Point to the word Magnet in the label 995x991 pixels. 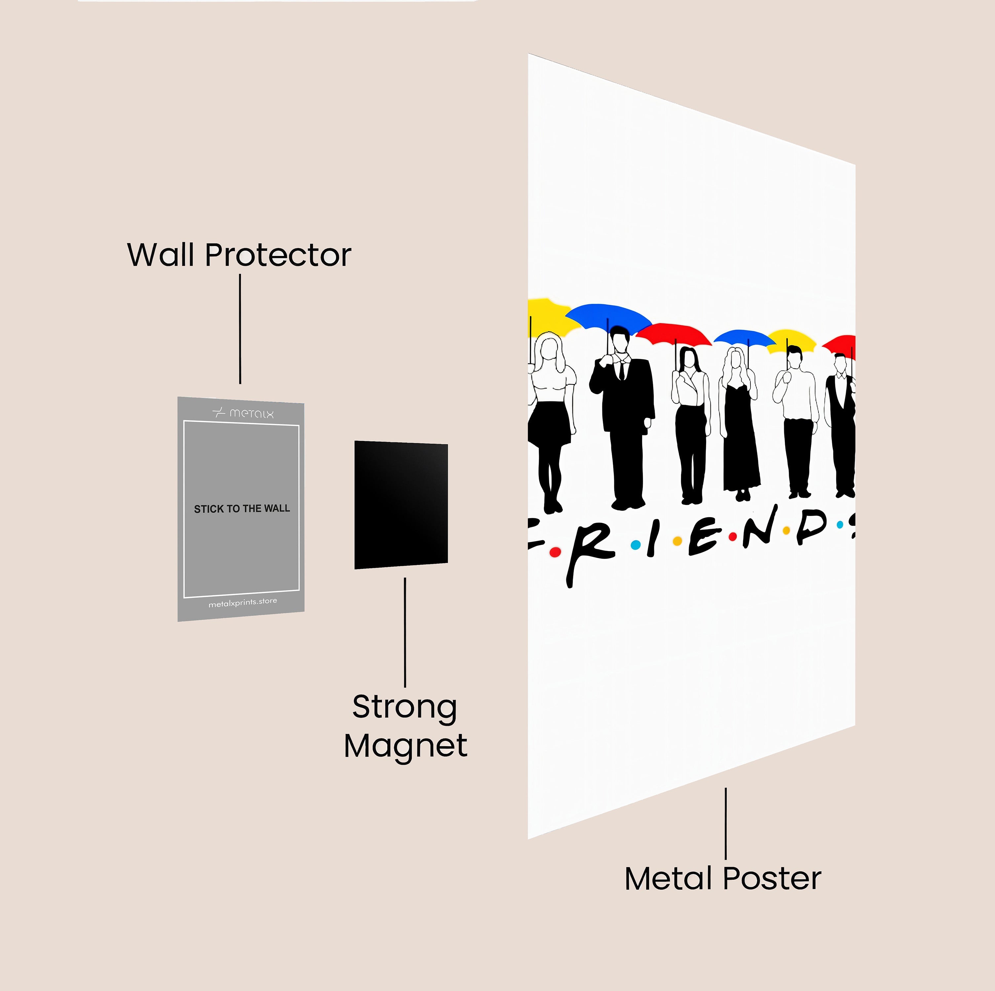405,746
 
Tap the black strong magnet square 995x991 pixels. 401,504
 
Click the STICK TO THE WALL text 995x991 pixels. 242,509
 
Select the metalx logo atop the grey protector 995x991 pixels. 243,413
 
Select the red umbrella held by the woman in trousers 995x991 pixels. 674,333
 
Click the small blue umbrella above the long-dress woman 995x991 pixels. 745,337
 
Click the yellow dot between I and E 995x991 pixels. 678,541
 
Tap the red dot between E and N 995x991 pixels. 732,537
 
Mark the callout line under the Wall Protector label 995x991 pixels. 240,329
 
